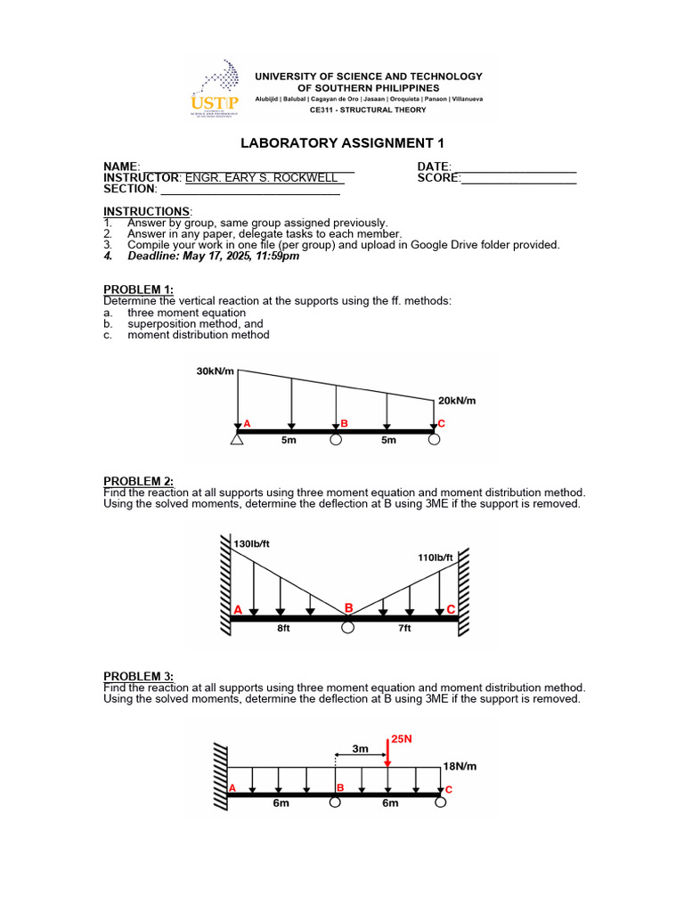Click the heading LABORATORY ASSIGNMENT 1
click(342, 143)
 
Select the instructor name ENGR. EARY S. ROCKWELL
click(265, 178)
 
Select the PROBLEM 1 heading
click(139, 289)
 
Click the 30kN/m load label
click(216, 371)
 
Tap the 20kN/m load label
click(457, 401)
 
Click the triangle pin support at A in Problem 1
click(237, 438)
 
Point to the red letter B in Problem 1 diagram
click(344, 424)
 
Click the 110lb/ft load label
click(435, 558)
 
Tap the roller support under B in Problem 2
click(347, 628)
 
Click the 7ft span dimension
click(404, 628)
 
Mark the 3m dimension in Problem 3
click(360, 750)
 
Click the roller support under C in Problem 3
click(441, 802)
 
